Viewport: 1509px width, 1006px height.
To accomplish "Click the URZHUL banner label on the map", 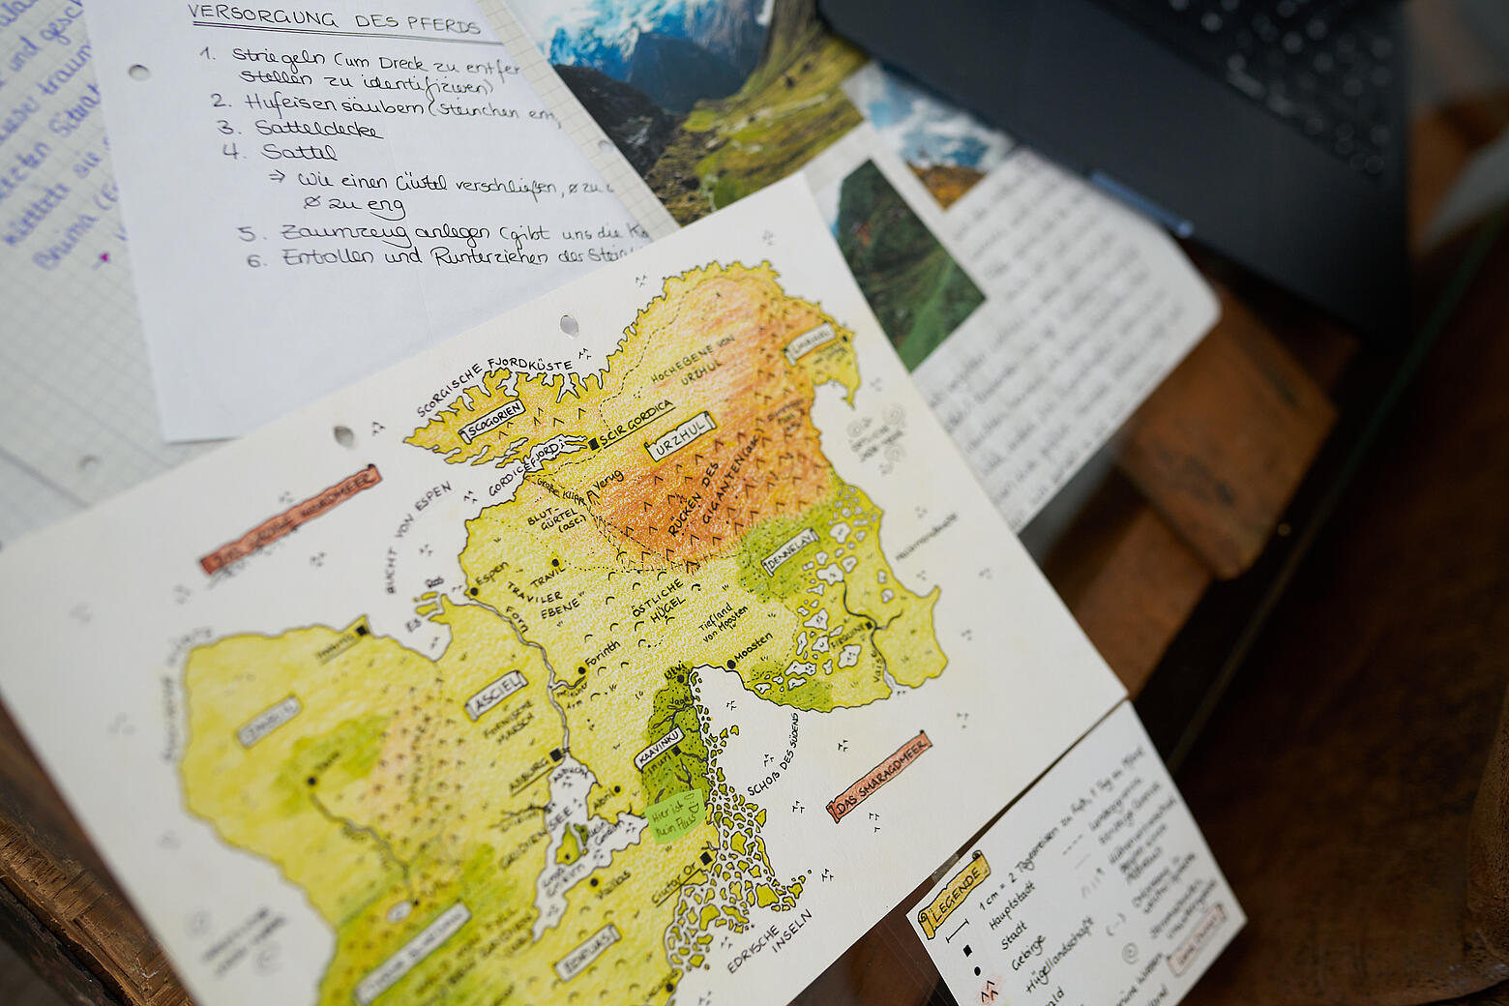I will click(x=682, y=436).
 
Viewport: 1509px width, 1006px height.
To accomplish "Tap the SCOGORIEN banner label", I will click(x=492, y=421).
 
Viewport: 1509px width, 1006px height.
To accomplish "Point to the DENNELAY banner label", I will click(x=790, y=550).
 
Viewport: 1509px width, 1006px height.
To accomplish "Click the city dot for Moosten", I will click(x=730, y=666).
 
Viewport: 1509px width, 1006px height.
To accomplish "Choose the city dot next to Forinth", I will click(x=582, y=668).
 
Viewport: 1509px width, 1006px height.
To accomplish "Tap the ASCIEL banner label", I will click(x=496, y=695).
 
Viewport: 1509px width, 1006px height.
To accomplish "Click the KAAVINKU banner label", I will click(x=659, y=747).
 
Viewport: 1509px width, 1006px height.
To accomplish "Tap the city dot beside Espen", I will click(x=475, y=591).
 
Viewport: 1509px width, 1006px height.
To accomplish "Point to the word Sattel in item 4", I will click(x=298, y=152).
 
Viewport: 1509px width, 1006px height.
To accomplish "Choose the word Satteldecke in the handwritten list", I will click(x=318, y=129).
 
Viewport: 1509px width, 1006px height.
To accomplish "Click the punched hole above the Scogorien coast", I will click(x=568, y=322).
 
